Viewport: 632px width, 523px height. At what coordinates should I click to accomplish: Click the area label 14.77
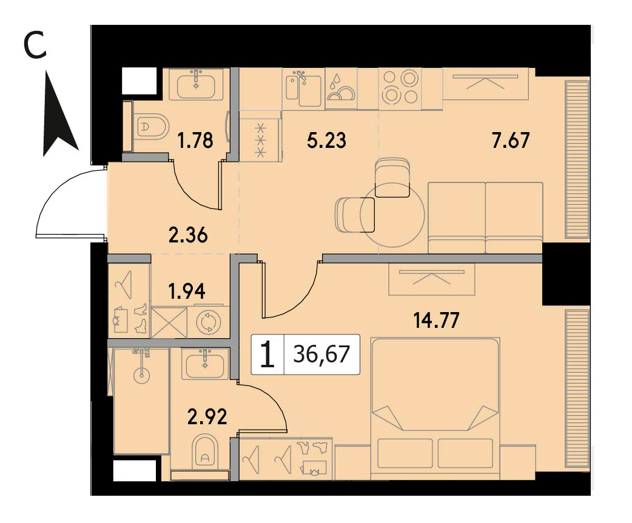click(437, 321)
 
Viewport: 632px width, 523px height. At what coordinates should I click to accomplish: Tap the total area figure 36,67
click(321, 355)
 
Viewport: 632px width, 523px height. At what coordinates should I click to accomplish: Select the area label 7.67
click(511, 141)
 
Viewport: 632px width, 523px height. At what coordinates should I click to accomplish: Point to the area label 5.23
click(326, 141)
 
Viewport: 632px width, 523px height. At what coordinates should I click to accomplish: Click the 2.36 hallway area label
click(188, 235)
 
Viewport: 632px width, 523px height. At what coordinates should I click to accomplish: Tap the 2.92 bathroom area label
click(207, 417)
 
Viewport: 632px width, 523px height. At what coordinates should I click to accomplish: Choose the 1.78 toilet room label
click(195, 141)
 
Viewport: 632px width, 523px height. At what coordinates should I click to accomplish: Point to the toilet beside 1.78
click(151, 127)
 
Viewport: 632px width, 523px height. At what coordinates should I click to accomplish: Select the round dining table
click(392, 215)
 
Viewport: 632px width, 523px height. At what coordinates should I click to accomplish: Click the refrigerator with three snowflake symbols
click(260, 136)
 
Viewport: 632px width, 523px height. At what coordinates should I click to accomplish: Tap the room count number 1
click(267, 355)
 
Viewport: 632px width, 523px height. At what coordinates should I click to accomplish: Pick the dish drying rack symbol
click(341, 89)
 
